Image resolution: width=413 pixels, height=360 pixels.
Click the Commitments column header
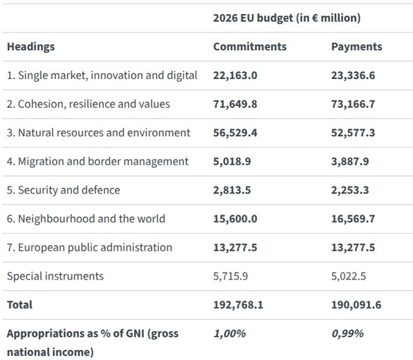coord(250,47)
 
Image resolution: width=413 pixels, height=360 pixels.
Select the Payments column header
coord(357,47)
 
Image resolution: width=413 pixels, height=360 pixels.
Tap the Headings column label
coord(30,47)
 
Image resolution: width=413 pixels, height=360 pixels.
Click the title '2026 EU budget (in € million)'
coord(287,18)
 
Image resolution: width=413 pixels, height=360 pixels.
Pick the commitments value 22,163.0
coord(235,75)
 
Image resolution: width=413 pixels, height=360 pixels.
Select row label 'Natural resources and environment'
coord(98,133)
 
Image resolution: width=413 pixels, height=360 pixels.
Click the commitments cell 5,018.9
coord(232,161)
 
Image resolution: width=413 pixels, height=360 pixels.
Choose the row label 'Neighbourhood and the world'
coord(85,219)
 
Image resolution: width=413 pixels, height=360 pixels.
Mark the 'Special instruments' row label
coord(55,276)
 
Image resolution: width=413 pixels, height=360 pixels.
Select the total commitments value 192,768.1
coord(239,305)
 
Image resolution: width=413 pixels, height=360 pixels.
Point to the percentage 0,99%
coord(347,333)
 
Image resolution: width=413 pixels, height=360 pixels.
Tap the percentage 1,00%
coord(229,333)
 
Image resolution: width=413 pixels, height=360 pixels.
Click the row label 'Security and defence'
coord(64,190)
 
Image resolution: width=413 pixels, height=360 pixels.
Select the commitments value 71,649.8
coord(235,104)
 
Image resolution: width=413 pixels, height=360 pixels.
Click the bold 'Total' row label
coord(20,305)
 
